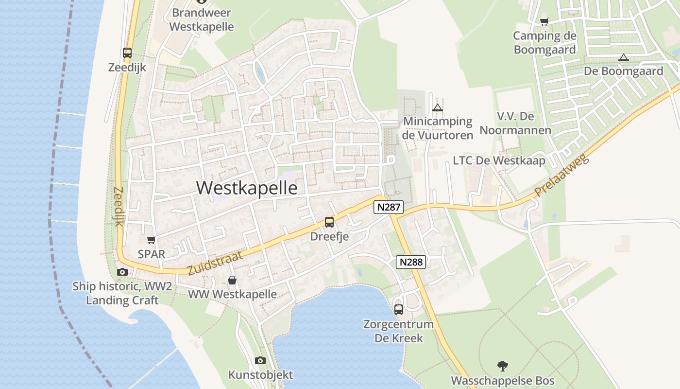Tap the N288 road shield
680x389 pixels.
click(411, 262)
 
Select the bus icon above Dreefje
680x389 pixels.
click(329, 222)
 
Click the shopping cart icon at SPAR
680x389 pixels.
click(151, 240)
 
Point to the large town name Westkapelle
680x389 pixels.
click(247, 188)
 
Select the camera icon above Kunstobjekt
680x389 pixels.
click(260, 360)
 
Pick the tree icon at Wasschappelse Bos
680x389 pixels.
click(503, 366)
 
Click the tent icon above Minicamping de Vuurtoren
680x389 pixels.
click(438, 107)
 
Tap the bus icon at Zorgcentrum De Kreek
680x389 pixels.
click(398, 309)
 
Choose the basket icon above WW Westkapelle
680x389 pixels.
click(232, 280)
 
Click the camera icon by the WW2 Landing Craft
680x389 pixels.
click(122, 272)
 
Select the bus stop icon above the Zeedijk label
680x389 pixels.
click(127, 53)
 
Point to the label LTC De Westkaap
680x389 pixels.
click(499, 160)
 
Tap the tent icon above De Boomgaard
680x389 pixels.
click(623, 57)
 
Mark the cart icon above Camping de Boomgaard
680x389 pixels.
click(544, 21)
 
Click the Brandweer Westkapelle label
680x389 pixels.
click(202, 19)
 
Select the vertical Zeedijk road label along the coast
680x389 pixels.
click(119, 207)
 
